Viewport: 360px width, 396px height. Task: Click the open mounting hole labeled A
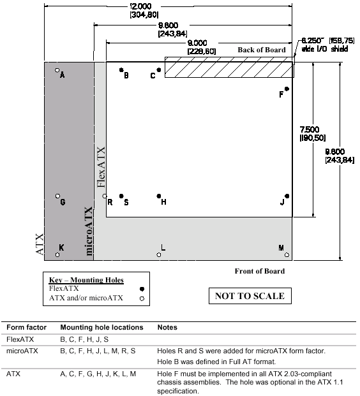(x=57, y=70)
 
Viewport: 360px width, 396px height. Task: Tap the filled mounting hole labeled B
(x=121, y=70)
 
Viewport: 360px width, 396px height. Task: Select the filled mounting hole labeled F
(x=287, y=89)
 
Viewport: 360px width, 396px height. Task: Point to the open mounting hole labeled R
(x=105, y=196)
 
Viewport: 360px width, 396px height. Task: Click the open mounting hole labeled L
(x=159, y=255)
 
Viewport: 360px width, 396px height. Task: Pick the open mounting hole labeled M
(x=287, y=255)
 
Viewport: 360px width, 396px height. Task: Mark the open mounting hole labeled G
(x=57, y=196)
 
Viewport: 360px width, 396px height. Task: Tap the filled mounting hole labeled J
(x=287, y=196)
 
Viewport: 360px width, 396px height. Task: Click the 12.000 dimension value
(x=140, y=6)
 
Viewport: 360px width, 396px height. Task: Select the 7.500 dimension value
(x=310, y=129)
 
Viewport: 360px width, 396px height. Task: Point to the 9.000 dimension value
(x=197, y=43)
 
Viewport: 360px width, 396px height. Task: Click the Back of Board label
(x=262, y=50)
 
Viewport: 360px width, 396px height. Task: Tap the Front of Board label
(x=260, y=271)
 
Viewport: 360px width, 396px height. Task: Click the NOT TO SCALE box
(x=250, y=296)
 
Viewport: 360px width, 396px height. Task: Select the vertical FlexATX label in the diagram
(x=101, y=167)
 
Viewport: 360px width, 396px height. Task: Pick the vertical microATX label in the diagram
(x=89, y=231)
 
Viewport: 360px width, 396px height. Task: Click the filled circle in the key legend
(x=142, y=289)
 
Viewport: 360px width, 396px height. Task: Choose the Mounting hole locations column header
(x=101, y=327)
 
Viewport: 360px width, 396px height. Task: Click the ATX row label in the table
(x=13, y=374)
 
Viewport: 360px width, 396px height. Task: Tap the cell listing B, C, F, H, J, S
(x=84, y=339)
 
